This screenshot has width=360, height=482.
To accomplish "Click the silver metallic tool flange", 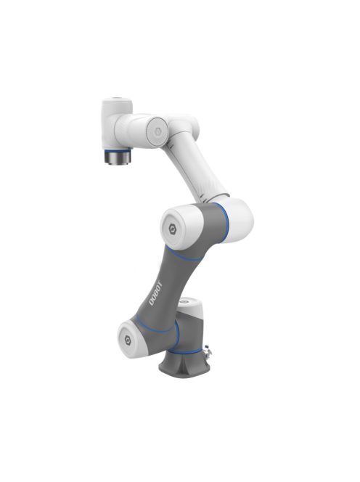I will pyautogui.click(x=117, y=156).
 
